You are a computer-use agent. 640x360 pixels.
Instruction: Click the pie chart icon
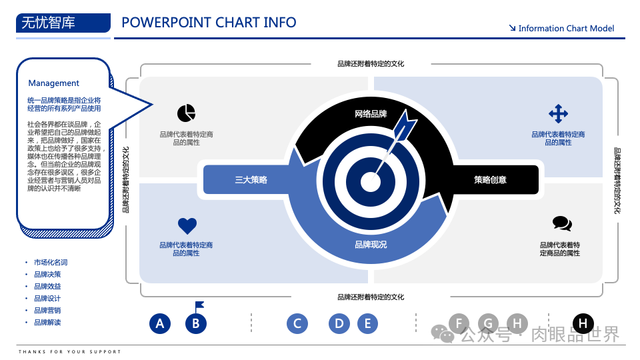[x=186, y=113]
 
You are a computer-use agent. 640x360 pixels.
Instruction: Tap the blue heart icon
[x=187, y=226]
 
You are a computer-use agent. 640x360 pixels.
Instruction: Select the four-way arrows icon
[x=558, y=113]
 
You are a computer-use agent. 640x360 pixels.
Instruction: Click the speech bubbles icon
[x=562, y=224]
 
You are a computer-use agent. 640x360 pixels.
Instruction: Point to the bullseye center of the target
[x=371, y=181]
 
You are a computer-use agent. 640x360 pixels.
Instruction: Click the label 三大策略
[x=251, y=179]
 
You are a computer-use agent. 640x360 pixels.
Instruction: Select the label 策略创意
[x=490, y=179]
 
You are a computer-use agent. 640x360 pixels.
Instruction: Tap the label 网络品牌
[x=371, y=114]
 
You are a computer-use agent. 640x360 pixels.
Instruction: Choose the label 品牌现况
[x=371, y=245]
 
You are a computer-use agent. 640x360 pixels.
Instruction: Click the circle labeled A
[x=159, y=324]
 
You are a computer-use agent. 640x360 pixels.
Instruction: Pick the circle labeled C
[x=297, y=324]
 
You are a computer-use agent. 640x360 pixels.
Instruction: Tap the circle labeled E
[x=367, y=324]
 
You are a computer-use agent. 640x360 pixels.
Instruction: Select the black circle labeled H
[x=583, y=324]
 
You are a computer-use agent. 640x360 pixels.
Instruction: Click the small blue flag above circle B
[x=199, y=306]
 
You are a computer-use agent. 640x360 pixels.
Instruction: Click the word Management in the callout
[x=53, y=83]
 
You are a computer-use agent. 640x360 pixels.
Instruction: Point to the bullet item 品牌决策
[x=47, y=274]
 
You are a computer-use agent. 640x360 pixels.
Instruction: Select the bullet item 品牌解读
[x=47, y=322]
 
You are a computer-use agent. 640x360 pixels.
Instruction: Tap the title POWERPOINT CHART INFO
[x=209, y=23]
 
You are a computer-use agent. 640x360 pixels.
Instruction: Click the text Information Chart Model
[x=566, y=29]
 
